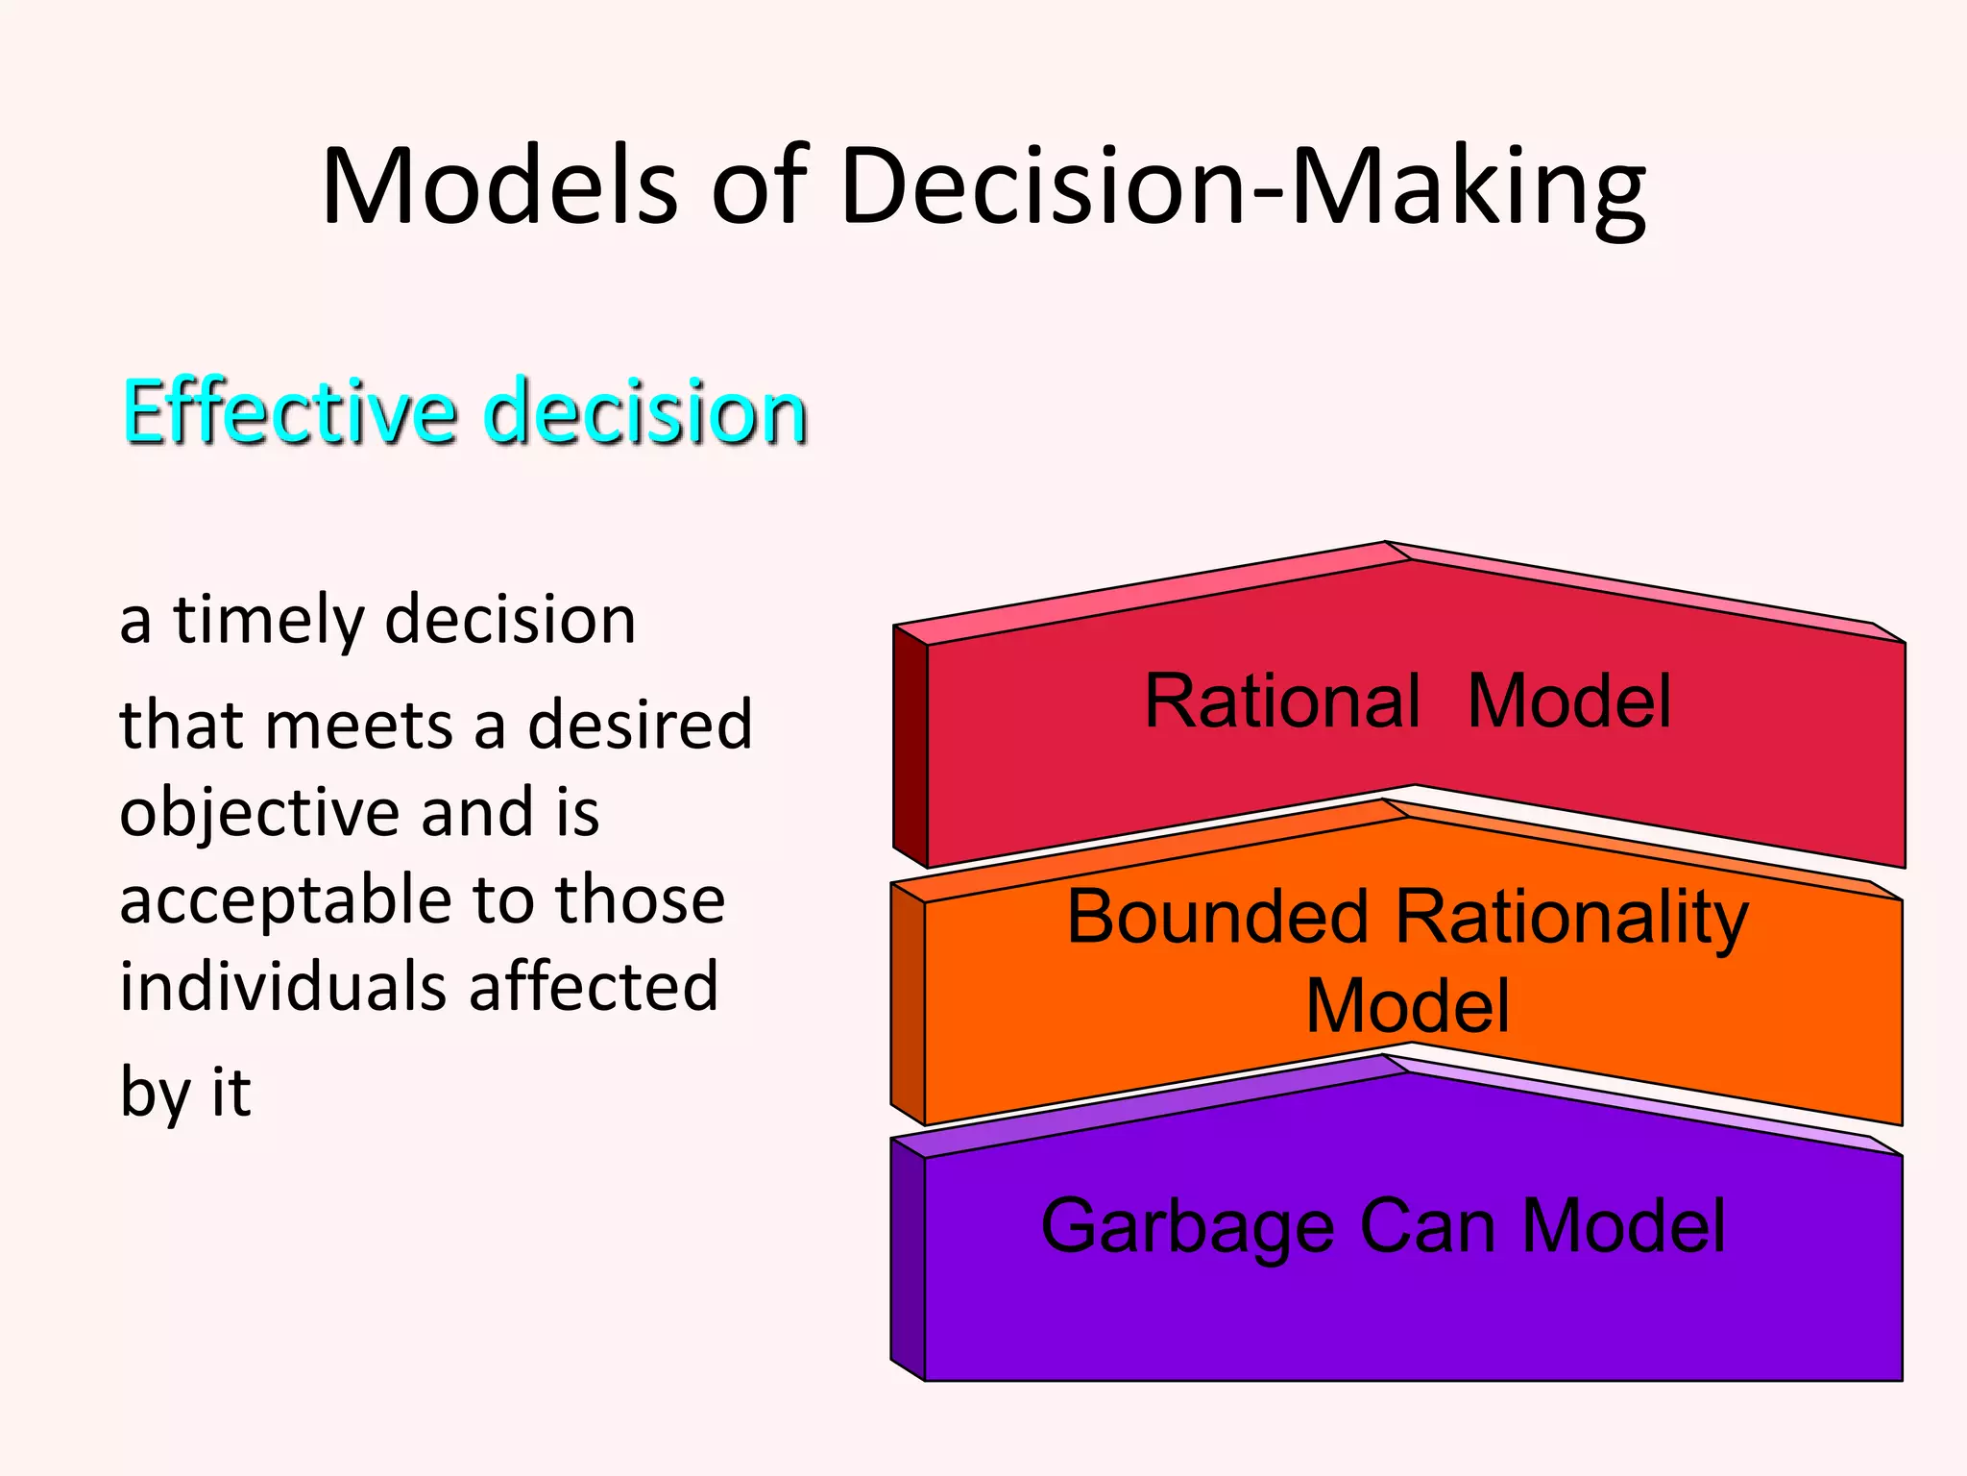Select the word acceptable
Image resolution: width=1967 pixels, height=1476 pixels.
(x=279, y=901)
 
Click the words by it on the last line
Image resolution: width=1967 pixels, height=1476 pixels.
(x=185, y=1093)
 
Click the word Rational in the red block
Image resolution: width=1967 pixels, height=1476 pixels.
(x=1282, y=701)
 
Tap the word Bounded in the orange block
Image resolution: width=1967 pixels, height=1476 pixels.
(x=1218, y=918)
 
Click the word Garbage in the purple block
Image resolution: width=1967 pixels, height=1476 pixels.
(x=1187, y=1228)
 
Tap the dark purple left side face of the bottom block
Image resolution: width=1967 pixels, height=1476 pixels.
(x=907, y=1259)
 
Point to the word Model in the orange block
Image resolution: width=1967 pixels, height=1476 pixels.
(x=1407, y=1006)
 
